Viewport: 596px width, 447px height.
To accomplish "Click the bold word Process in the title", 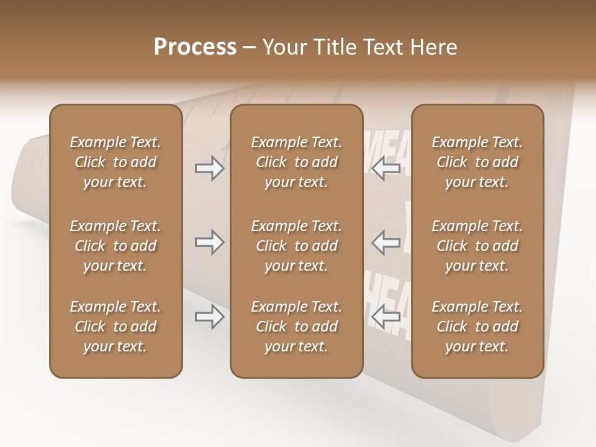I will point(195,47).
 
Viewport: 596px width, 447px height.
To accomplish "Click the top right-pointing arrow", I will point(209,168).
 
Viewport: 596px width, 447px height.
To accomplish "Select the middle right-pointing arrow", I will point(209,242).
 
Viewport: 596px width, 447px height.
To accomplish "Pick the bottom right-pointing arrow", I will point(209,317).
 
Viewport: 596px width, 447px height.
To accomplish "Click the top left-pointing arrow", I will point(386,168).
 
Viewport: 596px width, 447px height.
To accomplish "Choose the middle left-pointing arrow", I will point(386,242).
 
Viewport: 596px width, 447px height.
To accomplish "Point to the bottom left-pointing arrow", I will point(386,317).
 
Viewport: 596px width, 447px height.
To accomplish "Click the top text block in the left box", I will point(115,162).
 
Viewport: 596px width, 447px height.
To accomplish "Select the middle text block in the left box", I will point(115,246).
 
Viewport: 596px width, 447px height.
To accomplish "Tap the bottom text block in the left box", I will point(115,327).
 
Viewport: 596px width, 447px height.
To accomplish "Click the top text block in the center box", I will point(296,162).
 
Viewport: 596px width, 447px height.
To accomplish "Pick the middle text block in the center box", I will point(296,246).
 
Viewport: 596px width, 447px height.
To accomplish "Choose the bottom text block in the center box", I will point(296,327).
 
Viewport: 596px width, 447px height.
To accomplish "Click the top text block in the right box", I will point(477,162).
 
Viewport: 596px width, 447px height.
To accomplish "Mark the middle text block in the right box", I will point(477,246).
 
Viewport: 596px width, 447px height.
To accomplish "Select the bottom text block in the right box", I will point(477,327).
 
